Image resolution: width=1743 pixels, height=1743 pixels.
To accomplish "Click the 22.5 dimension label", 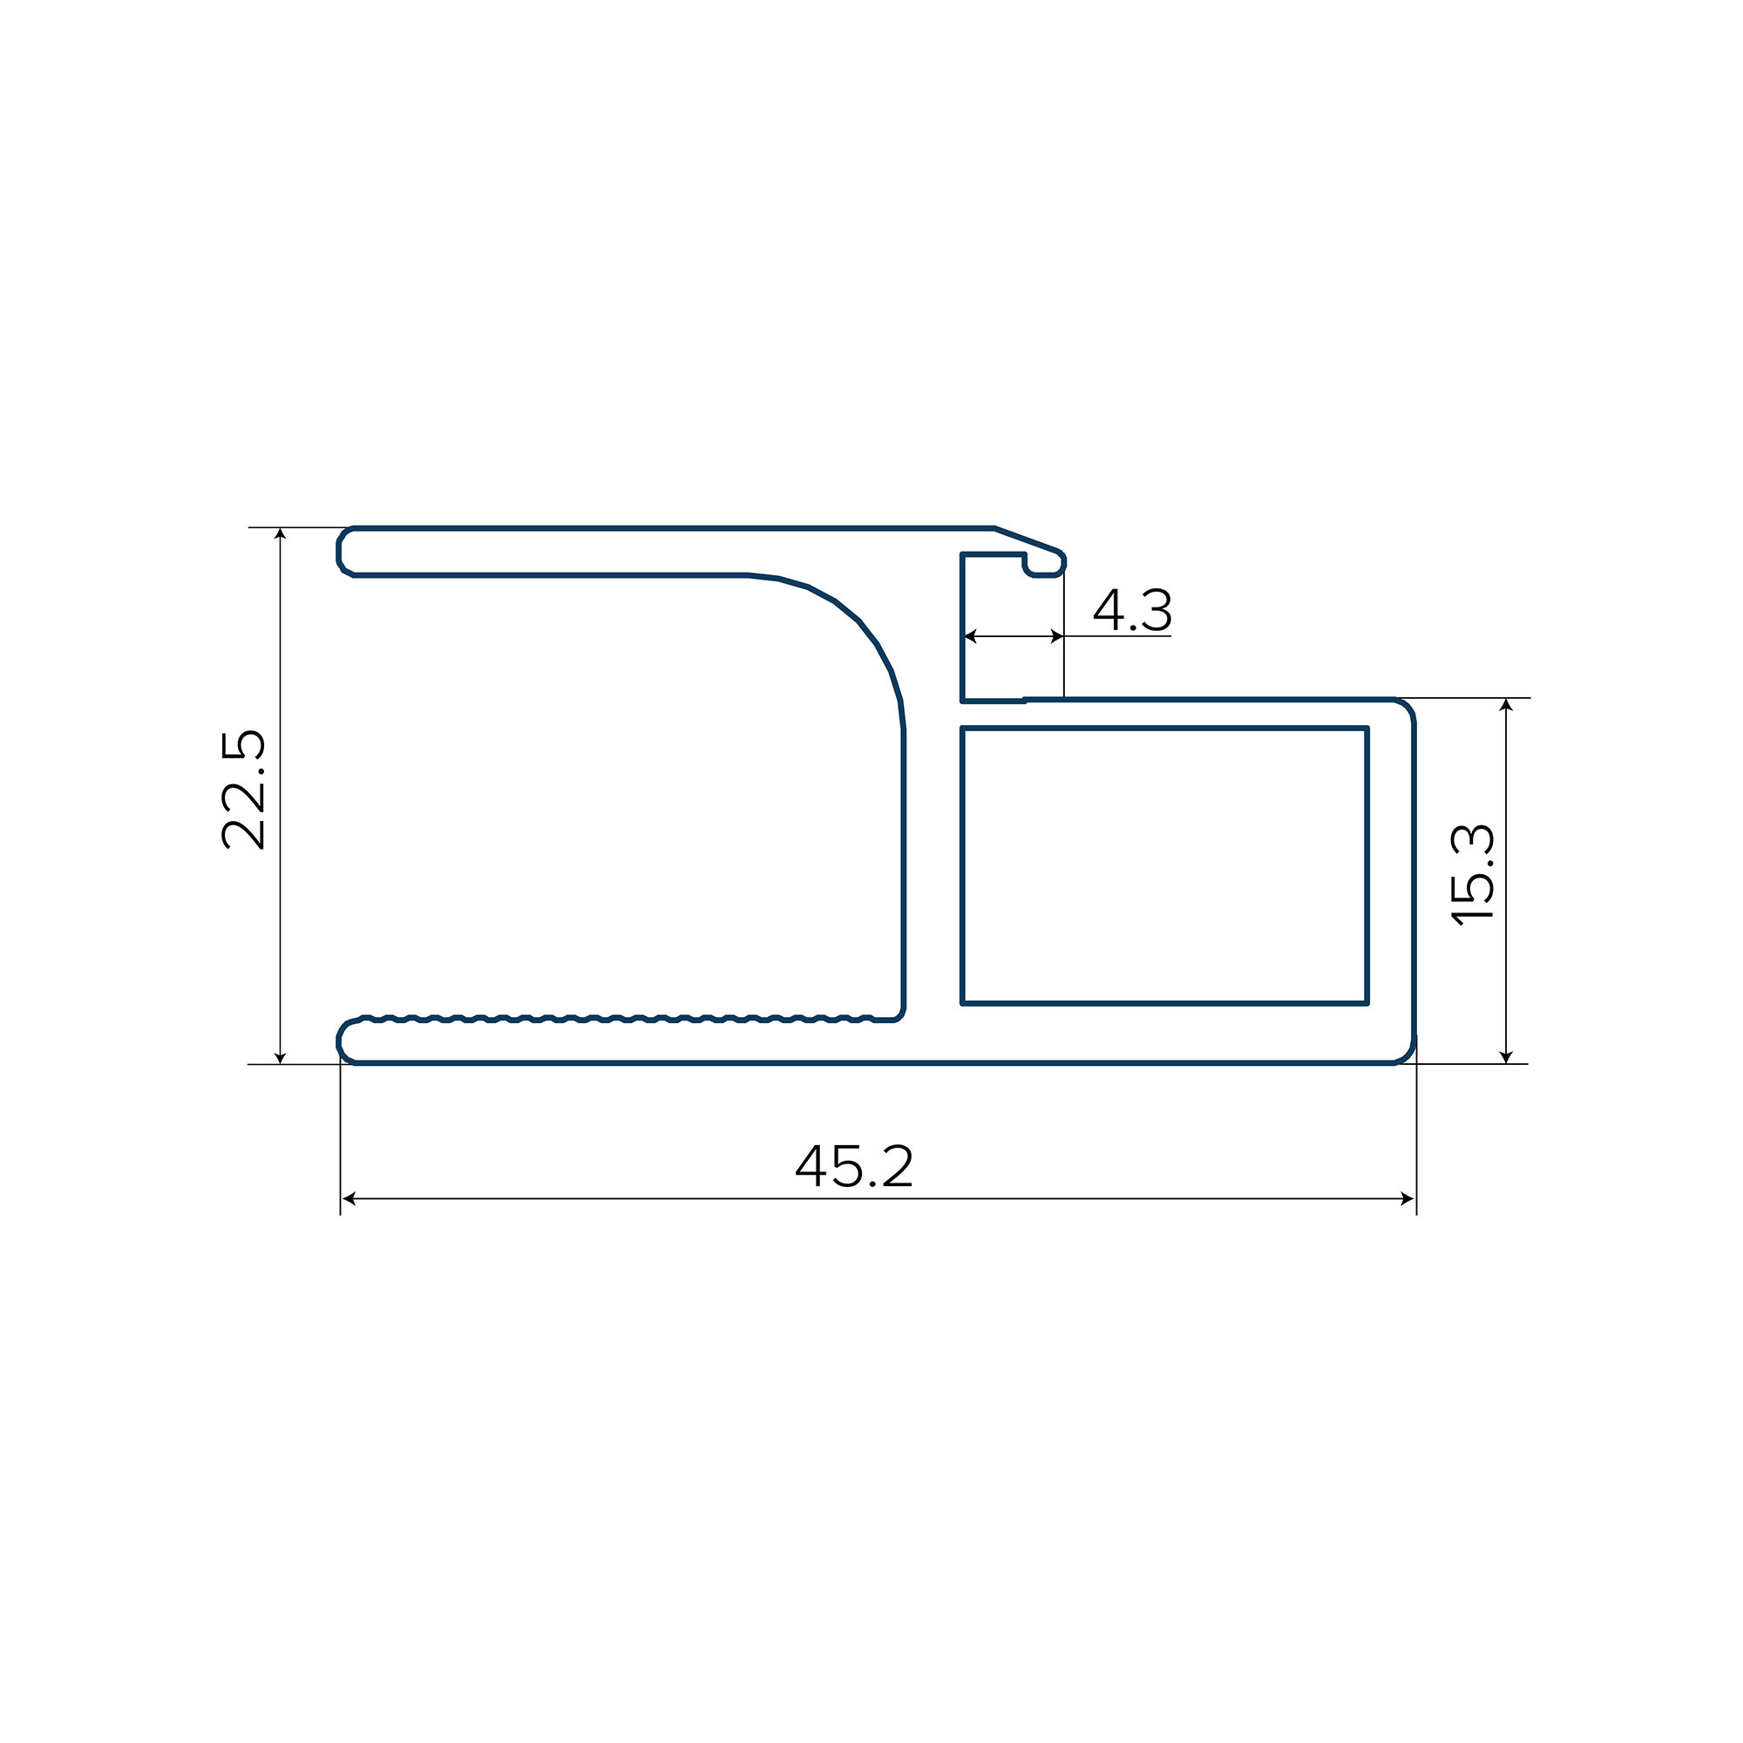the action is click(x=244, y=790).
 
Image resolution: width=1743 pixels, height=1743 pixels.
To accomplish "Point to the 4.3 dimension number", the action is click(x=1132, y=610).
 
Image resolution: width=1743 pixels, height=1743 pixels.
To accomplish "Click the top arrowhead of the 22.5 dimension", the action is click(x=281, y=533).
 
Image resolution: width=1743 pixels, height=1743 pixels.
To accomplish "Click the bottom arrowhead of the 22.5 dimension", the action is click(x=281, y=1057).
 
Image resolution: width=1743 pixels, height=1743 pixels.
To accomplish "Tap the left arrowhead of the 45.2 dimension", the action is click(x=349, y=1199).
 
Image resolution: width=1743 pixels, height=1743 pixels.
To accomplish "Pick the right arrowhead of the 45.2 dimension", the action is click(x=1407, y=1199).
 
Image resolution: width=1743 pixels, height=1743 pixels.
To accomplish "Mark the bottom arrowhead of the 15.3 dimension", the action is click(x=1506, y=1057).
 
